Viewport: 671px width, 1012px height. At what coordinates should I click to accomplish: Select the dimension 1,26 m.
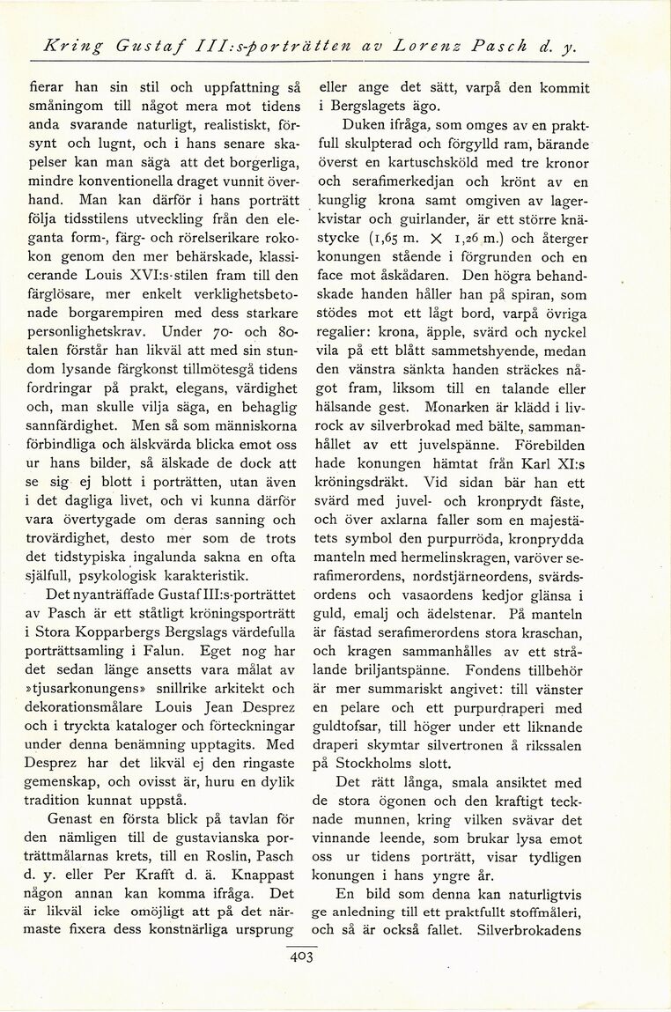coord(479,240)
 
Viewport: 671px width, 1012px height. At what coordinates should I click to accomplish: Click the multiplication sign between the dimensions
coord(435,240)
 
